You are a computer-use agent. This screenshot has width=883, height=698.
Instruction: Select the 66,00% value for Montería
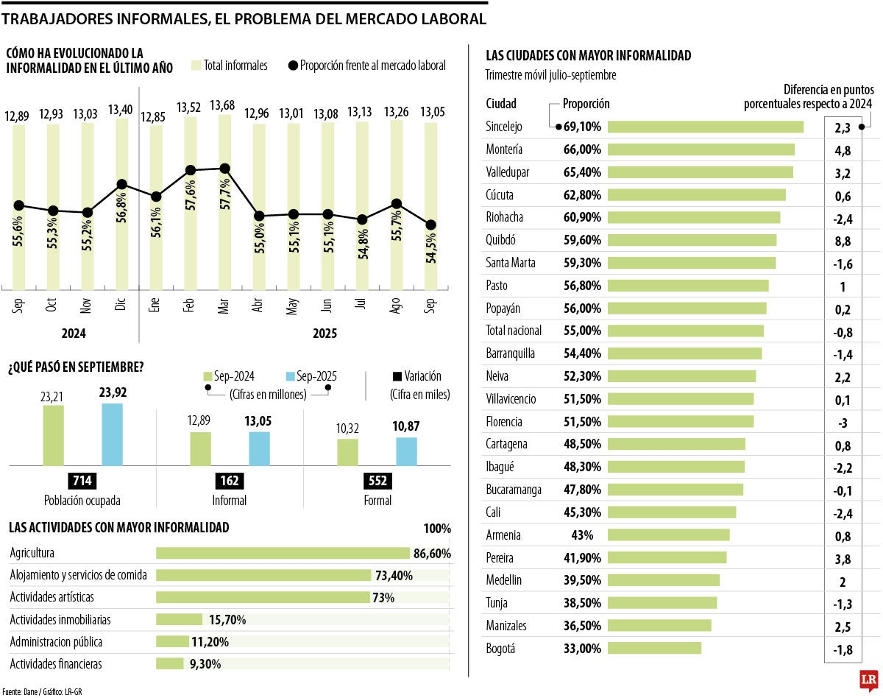point(582,149)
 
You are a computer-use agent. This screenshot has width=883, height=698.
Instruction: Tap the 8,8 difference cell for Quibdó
point(843,241)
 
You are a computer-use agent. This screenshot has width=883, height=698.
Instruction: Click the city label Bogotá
point(501,649)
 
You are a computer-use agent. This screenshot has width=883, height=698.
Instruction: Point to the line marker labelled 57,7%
point(224,169)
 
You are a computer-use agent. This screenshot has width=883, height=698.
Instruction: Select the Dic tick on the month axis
point(120,305)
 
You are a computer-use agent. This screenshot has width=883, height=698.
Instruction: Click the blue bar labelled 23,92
point(112,434)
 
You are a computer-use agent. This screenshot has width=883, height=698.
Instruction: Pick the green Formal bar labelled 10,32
point(348,452)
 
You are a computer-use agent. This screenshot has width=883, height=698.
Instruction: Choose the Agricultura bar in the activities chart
point(283,553)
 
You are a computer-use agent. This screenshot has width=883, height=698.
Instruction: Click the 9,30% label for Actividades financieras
point(205,663)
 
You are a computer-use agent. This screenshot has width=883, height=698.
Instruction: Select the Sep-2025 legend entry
point(309,376)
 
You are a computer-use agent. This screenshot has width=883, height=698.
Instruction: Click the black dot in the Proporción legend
point(293,66)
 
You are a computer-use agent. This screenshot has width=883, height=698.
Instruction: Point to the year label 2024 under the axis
point(73,334)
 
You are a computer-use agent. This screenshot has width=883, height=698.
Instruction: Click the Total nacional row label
point(514,331)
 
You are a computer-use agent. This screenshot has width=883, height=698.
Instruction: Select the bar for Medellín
point(664,580)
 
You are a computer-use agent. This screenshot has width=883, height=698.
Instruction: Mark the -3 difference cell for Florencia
point(843,423)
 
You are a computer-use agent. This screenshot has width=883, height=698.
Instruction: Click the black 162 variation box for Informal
point(230,482)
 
